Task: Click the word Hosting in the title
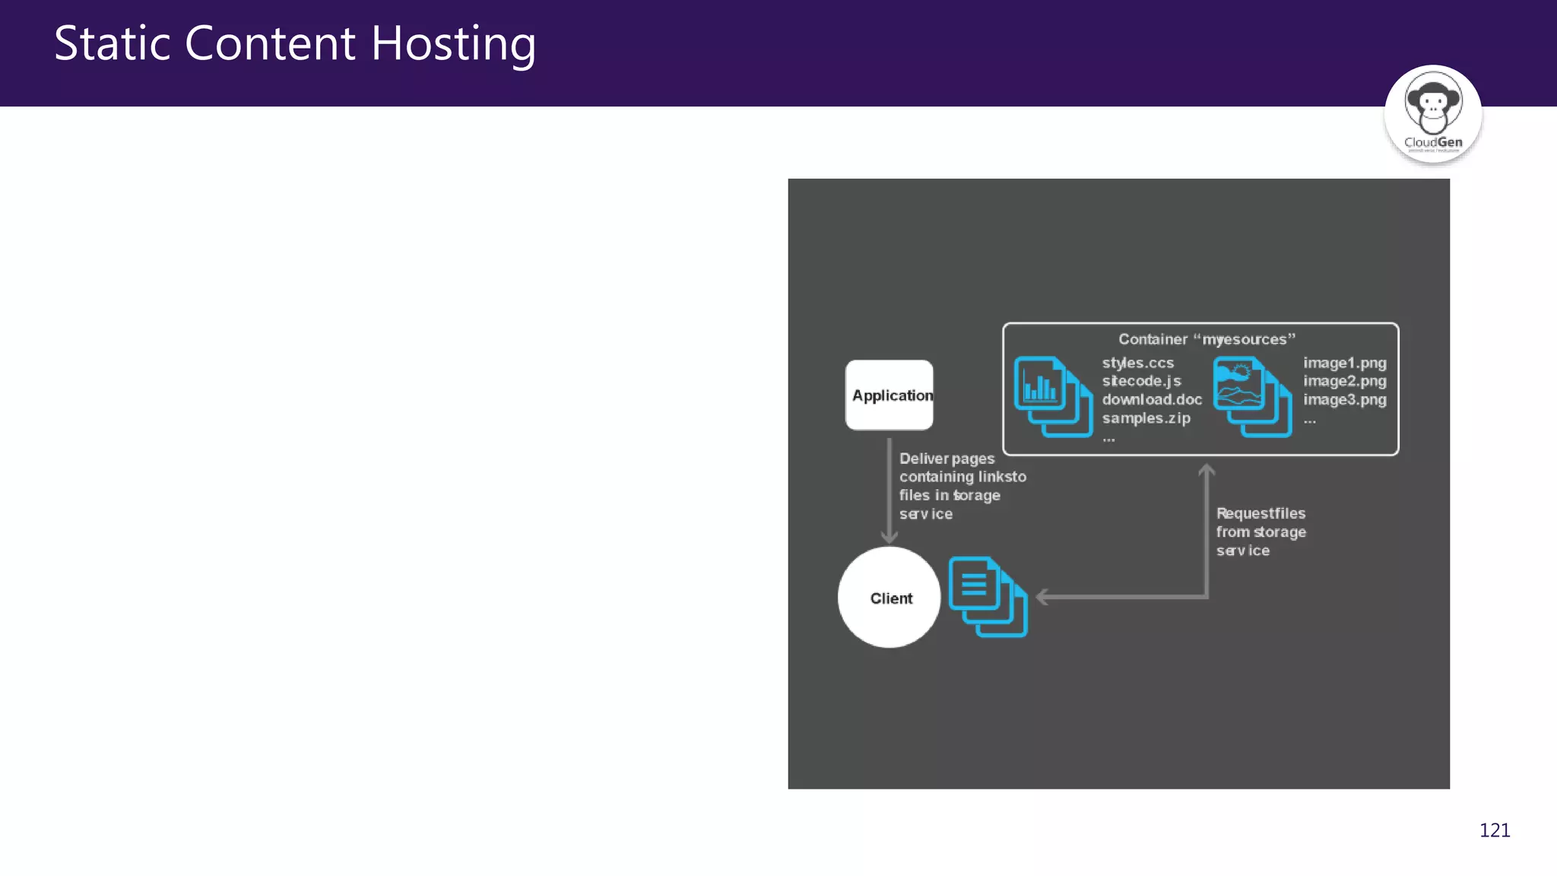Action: pos(453,44)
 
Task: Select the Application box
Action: pos(889,395)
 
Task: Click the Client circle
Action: pos(889,598)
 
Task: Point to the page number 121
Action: pos(1494,830)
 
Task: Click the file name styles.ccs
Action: pos(1137,363)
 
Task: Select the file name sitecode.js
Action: pos(1141,382)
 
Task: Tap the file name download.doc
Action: pos(1152,400)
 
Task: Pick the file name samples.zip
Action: pos(1146,418)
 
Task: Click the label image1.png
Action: pos(1344,363)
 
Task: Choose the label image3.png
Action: pos(1344,400)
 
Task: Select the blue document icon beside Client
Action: pos(988,597)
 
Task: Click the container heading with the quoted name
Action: pos(1207,339)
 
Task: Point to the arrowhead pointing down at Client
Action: pos(889,538)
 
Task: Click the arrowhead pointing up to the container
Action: pos(1207,471)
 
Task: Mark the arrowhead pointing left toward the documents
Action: pos(1042,598)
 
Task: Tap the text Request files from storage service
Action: pos(1261,532)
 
